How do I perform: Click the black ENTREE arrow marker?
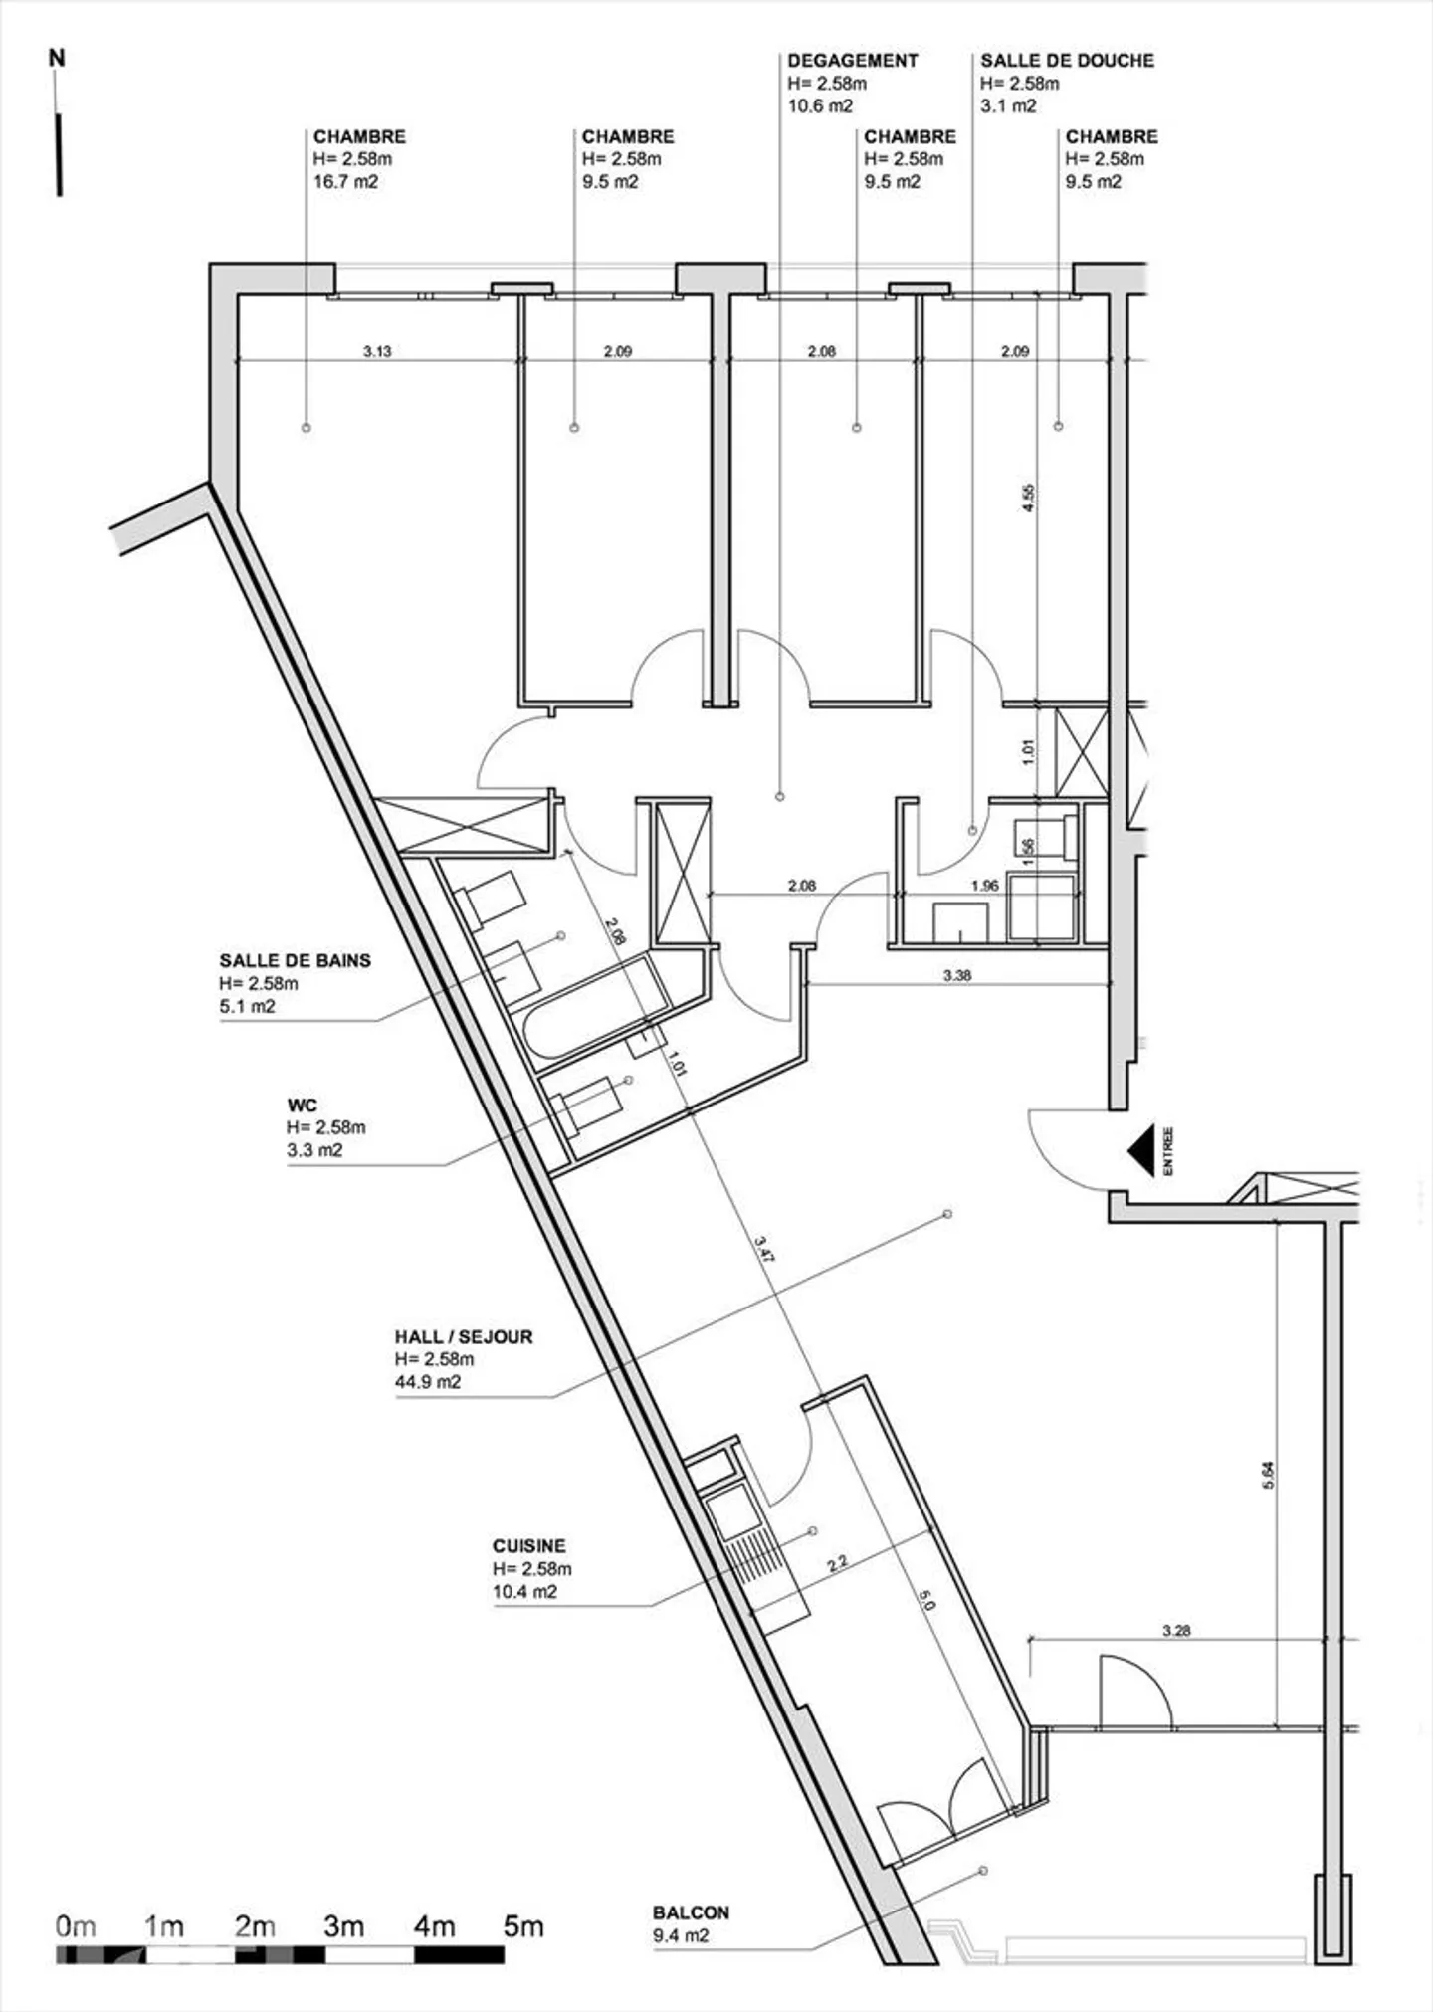[1141, 1150]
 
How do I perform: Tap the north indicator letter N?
[57, 59]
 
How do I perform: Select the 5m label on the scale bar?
[523, 1926]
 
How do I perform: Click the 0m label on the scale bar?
[76, 1926]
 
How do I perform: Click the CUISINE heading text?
[528, 1546]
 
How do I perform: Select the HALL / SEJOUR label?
[464, 1337]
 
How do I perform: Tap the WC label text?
[302, 1106]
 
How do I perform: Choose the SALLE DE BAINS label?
[296, 961]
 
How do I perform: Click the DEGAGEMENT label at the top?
[853, 61]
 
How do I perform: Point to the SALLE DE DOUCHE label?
[1068, 61]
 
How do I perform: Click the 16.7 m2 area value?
[345, 182]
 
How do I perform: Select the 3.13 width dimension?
[377, 351]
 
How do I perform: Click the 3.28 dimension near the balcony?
[1176, 1631]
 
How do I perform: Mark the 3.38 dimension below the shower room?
[957, 976]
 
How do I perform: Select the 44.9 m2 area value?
[428, 1382]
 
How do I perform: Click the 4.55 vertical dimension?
[1029, 498]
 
